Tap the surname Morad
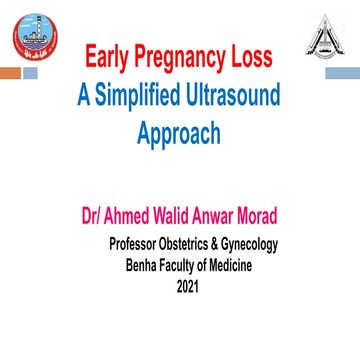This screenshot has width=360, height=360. click(284, 216)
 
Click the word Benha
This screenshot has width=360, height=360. click(145, 265)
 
